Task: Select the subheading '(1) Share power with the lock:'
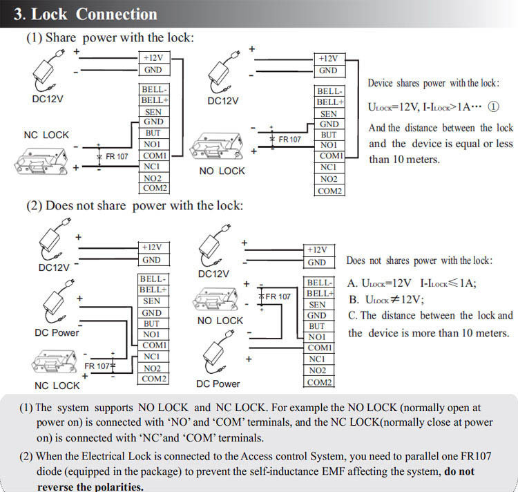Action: tap(110, 38)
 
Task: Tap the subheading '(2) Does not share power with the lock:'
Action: tap(135, 205)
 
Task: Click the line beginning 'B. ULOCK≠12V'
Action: tap(386, 299)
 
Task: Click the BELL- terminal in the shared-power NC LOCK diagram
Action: tap(153, 90)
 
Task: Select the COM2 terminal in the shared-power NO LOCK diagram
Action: tap(329, 191)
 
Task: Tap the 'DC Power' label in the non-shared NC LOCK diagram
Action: tap(57, 332)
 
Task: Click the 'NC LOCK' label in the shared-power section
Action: tap(46, 135)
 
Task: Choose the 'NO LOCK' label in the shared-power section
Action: tap(222, 171)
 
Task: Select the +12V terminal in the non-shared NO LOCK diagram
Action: tap(316, 249)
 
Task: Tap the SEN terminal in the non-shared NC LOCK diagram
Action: tap(153, 301)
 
